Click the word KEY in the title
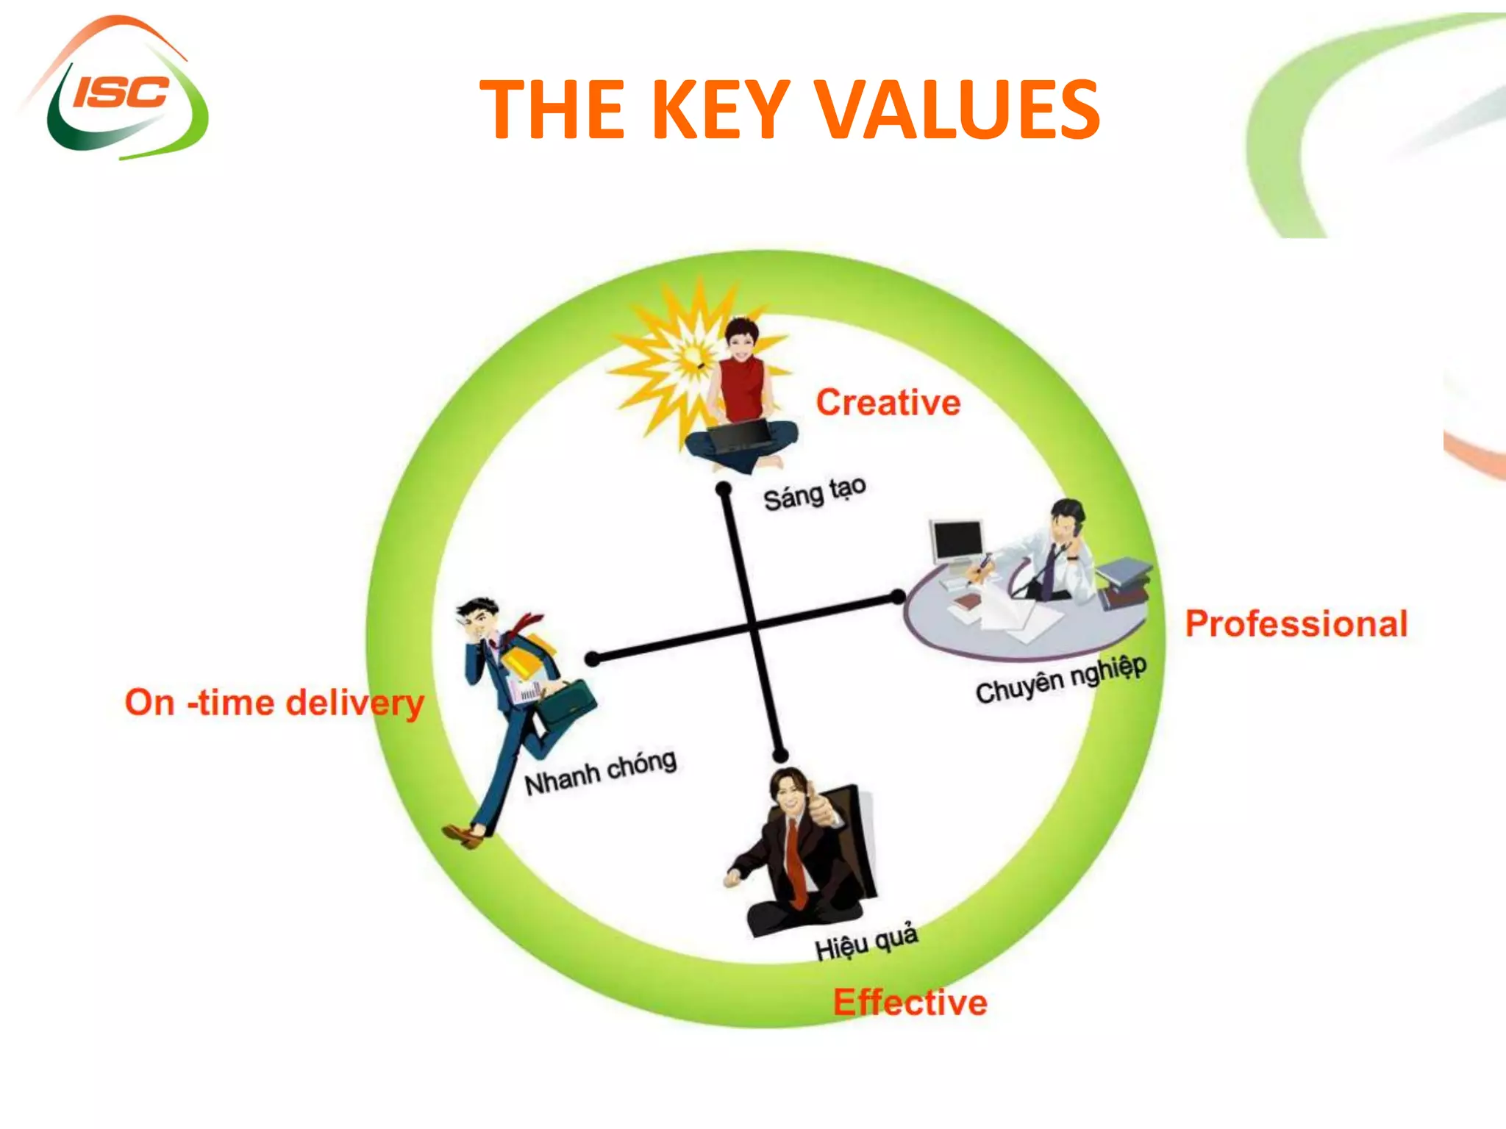point(721,110)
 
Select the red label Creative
point(888,403)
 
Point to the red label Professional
point(1296,624)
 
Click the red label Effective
point(910,1003)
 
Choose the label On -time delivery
point(274,703)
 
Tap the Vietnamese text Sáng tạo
point(814,493)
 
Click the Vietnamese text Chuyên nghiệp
point(1061,679)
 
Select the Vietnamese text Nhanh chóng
point(600,773)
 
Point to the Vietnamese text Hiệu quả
point(866,942)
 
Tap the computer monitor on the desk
point(957,541)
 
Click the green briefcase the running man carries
point(567,705)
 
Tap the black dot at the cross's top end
point(724,489)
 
